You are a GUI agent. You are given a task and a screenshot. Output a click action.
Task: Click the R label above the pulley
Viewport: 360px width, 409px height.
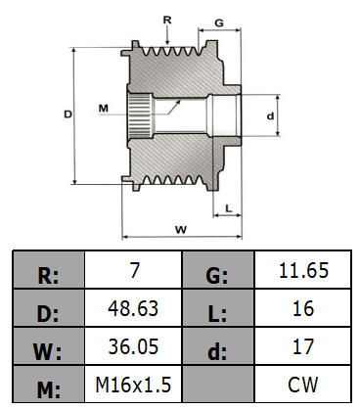pyautogui.click(x=167, y=21)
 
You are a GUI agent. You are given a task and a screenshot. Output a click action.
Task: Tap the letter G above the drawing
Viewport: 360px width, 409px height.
pyautogui.click(x=219, y=23)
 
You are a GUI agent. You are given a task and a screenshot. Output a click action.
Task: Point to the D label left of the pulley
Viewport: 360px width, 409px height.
pyautogui.click(x=67, y=114)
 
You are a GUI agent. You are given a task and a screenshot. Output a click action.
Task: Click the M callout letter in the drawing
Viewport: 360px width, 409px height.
pyautogui.click(x=104, y=108)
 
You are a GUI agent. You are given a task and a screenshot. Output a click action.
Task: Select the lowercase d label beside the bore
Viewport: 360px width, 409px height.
pyautogui.click(x=270, y=115)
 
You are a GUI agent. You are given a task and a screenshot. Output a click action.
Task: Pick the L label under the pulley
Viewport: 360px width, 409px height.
pyautogui.click(x=229, y=208)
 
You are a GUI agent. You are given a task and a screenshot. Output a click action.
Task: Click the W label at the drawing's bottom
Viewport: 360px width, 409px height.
pyautogui.click(x=181, y=230)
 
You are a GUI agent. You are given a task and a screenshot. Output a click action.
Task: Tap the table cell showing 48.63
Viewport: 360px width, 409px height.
pyautogui.click(x=133, y=308)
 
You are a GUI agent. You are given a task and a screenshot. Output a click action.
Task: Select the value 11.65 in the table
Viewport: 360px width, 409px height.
pyautogui.click(x=303, y=270)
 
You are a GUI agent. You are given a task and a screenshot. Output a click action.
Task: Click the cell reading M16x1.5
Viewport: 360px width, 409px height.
pyautogui.click(x=133, y=385)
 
